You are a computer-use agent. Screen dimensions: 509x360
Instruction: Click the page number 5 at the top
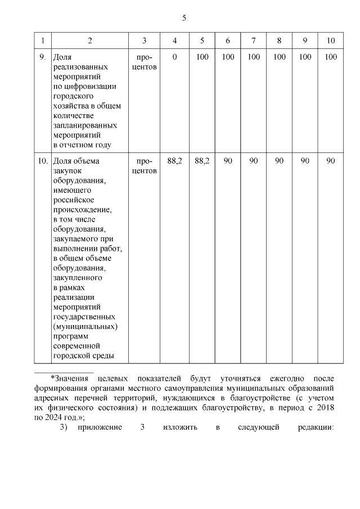point(184,18)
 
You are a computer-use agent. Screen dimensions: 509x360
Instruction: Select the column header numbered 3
point(145,40)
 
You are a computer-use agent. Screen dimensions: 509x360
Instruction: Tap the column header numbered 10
point(331,40)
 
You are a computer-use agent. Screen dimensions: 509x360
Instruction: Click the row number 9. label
point(42,57)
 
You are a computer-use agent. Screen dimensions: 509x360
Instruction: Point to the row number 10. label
point(42,161)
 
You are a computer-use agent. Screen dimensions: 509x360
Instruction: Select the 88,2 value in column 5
point(202,161)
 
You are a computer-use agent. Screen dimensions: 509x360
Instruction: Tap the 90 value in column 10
point(331,161)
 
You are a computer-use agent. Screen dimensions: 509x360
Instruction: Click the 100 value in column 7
point(254,57)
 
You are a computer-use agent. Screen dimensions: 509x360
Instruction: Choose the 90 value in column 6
point(228,161)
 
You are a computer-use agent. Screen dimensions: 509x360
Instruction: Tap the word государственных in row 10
point(87,317)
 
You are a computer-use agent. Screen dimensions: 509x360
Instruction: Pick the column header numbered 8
point(279,40)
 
